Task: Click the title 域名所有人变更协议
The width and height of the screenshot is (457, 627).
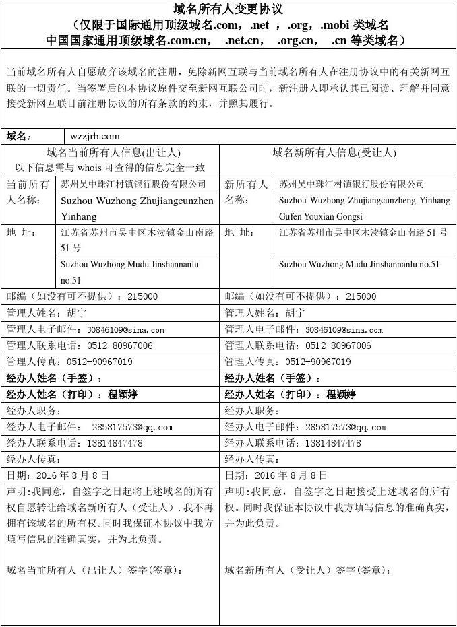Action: pyautogui.click(x=228, y=9)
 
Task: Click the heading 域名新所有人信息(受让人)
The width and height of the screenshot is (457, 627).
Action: pyautogui.click(x=334, y=153)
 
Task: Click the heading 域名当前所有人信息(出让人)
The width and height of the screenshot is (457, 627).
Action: pyautogui.click(x=113, y=153)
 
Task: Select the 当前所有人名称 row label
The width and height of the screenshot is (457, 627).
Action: pyautogui.click(x=28, y=192)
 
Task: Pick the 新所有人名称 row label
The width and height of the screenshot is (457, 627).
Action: pyautogui.click(x=246, y=192)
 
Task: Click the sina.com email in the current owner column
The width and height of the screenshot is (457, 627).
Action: pyautogui.click(x=125, y=330)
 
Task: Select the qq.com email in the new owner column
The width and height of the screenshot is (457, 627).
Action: pyautogui.click(x=345, y=427)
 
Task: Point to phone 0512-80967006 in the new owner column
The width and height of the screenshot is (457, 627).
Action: pyautogui.click(x=338, y=345)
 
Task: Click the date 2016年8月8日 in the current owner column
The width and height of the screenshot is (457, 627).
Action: pyautogui.click(x=70, y=475)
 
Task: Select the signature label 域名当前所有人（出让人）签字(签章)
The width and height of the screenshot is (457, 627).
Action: pyautogui.click(x=95, y=570)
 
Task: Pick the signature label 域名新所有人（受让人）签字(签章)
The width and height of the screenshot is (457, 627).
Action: pyautogui.click(x=308, y=570)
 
